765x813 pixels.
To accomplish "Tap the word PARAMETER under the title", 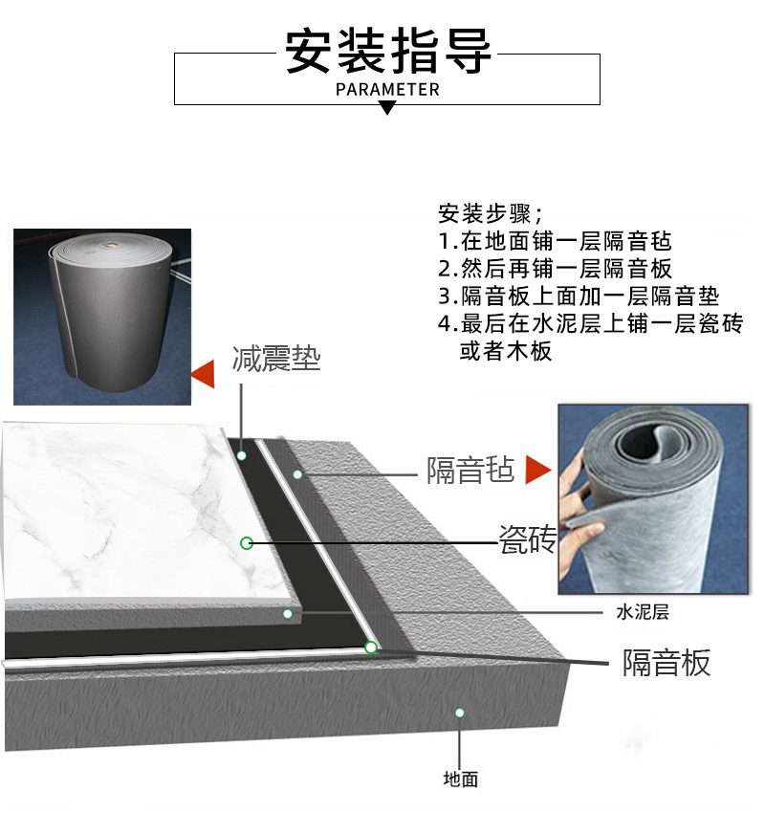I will click(388, 90).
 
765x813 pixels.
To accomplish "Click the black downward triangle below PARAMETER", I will click(387, 109).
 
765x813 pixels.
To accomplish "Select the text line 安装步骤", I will click(491, 213).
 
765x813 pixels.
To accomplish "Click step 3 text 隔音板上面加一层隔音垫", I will click(578, 297).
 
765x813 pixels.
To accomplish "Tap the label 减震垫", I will click(275, 360).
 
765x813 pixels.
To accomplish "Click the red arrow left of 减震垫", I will click(203, 375).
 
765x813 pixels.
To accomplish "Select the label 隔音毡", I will click(470, 470).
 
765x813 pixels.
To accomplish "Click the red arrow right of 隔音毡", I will click(538, 470).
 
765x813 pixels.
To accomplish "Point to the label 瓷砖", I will click(527, 540).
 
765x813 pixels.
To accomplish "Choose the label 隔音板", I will click(667, 662).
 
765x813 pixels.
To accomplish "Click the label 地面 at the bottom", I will click(460, 780).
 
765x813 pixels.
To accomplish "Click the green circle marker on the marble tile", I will click(246, 543).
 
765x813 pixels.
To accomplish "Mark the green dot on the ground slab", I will click(460, 713).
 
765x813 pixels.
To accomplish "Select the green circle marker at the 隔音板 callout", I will click(370, 648).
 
